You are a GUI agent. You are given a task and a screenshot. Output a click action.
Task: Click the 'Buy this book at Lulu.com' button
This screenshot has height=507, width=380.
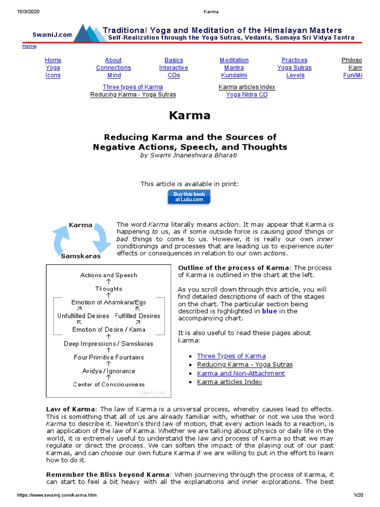(x=190, y=197)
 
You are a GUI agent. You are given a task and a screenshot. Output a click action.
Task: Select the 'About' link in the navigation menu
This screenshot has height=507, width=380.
(x=113, y=60)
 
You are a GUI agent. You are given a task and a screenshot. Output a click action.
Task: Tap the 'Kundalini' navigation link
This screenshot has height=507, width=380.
(x=234, y=75)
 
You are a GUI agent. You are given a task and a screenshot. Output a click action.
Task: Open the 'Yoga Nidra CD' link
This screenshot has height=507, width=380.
(x=246, y=95)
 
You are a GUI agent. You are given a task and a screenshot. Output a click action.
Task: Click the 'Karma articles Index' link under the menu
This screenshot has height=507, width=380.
(x=246, y=87)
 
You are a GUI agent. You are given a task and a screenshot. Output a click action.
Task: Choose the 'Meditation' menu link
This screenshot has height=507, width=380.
(x=234, y=60)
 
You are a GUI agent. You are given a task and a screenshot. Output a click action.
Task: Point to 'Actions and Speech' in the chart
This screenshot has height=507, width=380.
(x=109, y=275)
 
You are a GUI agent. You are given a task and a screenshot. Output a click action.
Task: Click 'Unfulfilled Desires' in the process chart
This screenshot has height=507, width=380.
(x=83, y=316)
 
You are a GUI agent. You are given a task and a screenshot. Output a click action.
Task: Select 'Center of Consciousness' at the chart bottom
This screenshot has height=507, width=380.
(x=109, y=384)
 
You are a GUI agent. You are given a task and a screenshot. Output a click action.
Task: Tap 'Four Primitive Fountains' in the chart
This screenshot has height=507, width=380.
(x=109, y=357)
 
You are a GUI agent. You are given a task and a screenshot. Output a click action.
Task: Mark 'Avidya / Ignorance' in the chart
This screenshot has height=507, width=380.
(x=109, y=371)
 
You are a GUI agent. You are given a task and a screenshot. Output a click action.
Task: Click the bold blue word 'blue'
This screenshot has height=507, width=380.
(x=269, y=311)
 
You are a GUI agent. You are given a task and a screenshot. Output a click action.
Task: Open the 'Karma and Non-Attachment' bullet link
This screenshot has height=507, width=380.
(x=240, y=373)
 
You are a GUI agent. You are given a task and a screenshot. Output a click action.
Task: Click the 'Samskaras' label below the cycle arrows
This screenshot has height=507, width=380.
(x=81, y=256)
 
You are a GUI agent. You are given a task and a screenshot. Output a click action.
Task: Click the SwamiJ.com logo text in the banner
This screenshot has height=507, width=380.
(x=52, y=35)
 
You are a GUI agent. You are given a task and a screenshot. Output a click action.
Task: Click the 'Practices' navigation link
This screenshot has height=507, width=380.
(x=294, y=60)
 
